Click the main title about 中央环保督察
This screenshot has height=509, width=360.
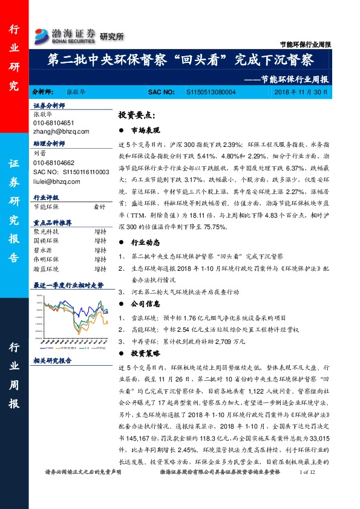[x=180, y=60]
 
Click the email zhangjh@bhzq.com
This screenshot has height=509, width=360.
[x=61, y=131]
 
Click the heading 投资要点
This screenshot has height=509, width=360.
[x=137, y=115]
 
